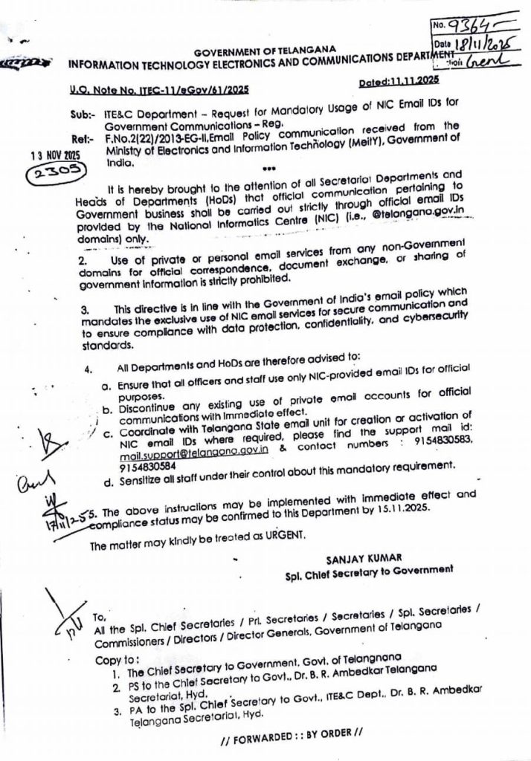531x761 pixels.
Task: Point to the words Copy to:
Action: tap(117, 658)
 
